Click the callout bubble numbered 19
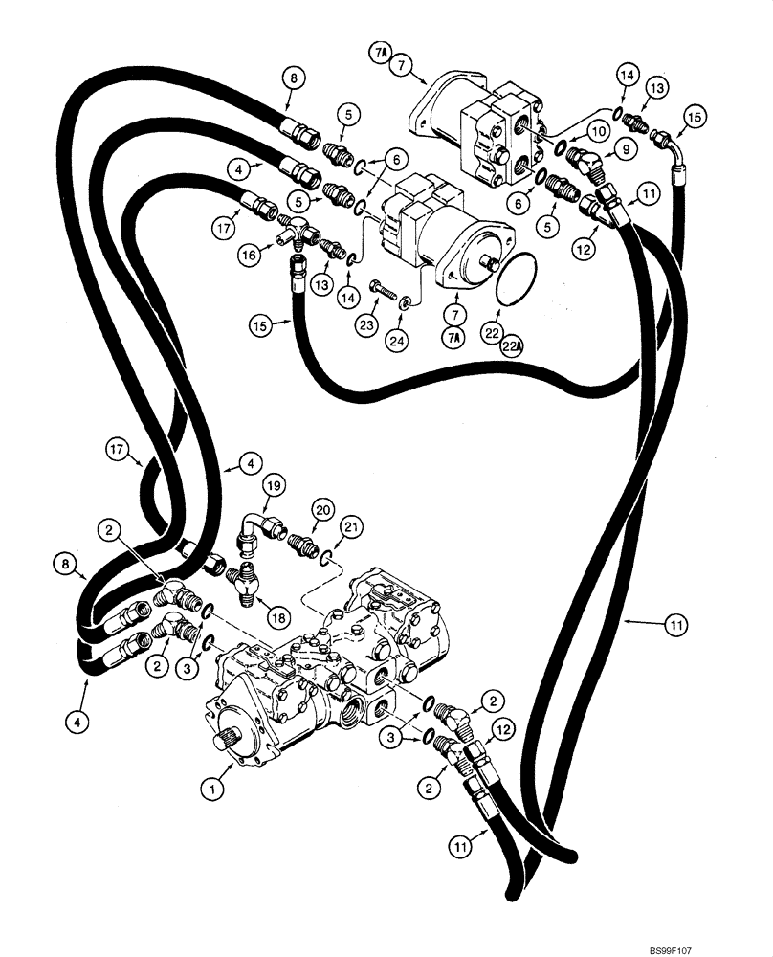tap(274, 486)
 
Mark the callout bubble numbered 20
tap(322, 511)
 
